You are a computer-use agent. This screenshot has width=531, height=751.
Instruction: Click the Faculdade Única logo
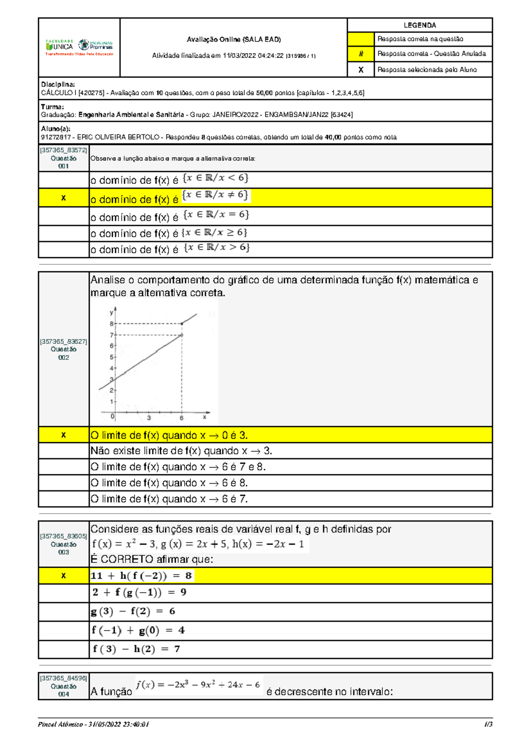pos(59,46)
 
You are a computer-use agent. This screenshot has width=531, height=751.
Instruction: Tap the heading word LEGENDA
pos(419,25)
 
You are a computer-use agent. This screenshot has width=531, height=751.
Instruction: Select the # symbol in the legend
pos(361,54)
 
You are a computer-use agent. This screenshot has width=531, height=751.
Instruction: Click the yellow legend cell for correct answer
pos(361,39)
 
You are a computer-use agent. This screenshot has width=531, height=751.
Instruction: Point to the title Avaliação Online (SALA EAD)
pos(234,39)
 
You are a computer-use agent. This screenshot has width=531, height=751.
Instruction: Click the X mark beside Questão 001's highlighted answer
pos(63,198)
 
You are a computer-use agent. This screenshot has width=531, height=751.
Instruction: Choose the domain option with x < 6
pos(169,179)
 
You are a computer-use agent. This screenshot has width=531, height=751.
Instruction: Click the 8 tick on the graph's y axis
pos(112,324)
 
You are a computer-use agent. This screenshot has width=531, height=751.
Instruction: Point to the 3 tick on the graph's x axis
pos(149,418)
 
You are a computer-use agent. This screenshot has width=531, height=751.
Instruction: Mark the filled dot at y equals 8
pos(182,324)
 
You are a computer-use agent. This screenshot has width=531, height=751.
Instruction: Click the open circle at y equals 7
pos(182,335)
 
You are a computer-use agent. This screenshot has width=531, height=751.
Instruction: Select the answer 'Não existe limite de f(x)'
pos(181,451)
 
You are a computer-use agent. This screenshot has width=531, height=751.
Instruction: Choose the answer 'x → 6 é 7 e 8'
pos(178,467)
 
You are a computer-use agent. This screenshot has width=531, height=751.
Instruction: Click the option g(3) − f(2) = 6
pos(133,612)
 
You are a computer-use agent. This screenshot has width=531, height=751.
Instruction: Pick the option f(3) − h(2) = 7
pos(136,649)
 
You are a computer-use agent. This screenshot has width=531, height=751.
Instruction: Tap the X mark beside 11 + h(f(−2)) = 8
pos(63,576)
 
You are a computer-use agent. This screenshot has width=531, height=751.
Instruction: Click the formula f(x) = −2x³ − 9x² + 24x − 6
pos(198,685)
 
